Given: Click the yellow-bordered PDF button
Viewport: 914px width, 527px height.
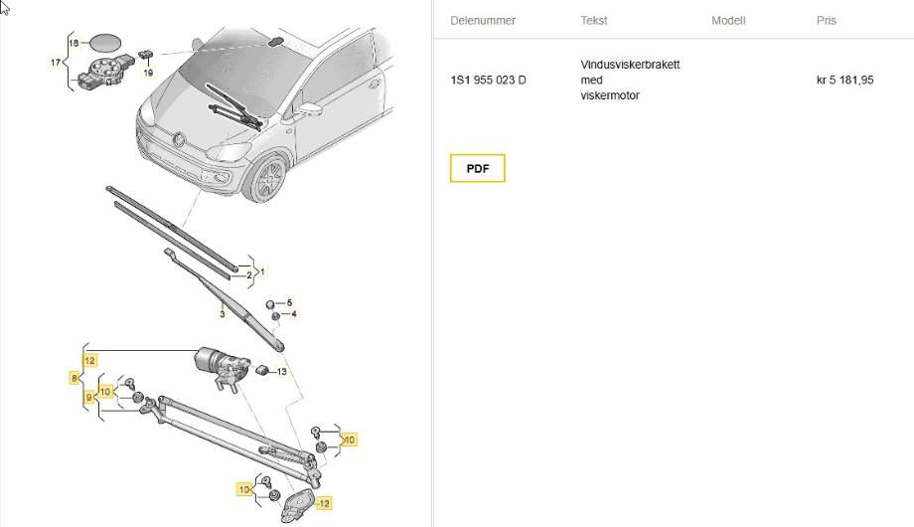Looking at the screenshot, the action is click(478, 168).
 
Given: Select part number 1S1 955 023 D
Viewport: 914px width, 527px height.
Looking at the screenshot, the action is click(488, 80).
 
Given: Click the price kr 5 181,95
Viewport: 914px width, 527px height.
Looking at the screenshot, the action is click(844, 80).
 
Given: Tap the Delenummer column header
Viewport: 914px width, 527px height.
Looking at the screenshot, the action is click(483, 21).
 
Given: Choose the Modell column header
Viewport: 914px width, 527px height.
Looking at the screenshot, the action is click(728, 21).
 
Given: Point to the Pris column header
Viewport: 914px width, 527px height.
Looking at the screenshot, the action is click(826, 21).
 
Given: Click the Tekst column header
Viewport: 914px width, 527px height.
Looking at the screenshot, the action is click(593, 21).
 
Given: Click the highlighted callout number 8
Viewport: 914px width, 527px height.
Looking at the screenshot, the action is click(75, 378).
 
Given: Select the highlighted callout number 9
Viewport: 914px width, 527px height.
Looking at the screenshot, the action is click(88, 398).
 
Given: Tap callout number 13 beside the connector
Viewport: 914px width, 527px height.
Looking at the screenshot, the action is click(281, 372).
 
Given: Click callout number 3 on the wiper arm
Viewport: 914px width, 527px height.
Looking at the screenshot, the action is click(223, 314).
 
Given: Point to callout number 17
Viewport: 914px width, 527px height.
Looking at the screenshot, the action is click(56, 63).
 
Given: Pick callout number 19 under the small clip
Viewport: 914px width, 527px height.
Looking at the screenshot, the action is click(148, 73).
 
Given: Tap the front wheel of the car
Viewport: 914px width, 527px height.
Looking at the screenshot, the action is click(268, 177).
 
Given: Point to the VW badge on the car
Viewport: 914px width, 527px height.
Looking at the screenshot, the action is click(179, 139).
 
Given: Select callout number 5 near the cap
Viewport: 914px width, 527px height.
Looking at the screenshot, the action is click(290, 303).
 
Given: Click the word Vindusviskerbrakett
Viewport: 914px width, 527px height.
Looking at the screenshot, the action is click(630, 65).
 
